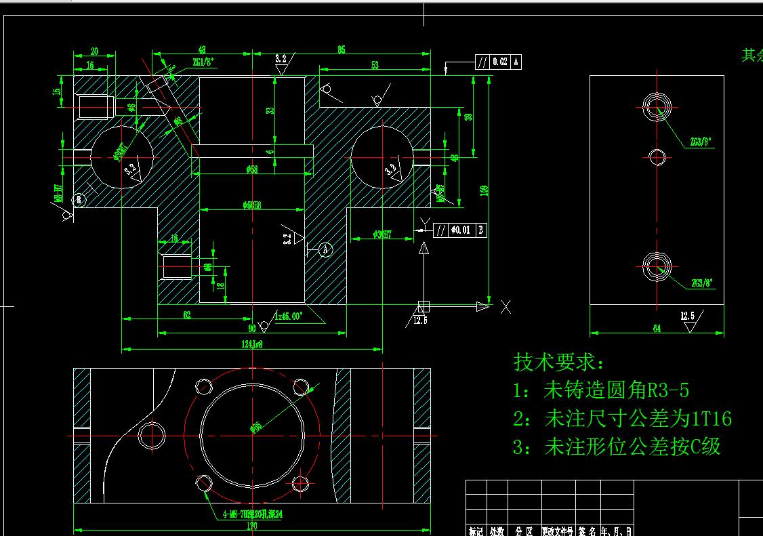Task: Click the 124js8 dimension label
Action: click(x=251, y=344)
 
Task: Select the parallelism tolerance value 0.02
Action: click(x=500, y=62)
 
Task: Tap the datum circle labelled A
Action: click(x=325, y=249)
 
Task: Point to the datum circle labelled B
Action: click(x=79, y=199)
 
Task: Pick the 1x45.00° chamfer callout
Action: click(x=289, y=316)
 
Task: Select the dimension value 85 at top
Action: click(x=341, y=49)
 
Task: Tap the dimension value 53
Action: click(x=375, y=64)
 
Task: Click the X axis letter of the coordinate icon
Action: click(x=506, y=307)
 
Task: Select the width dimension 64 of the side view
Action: click(x=657, y=329)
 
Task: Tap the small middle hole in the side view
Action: click(x=657, y=157)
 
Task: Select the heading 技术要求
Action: click(x=558, y=363)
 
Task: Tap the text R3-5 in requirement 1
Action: click(x=667, y=391)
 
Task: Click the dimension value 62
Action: click(x=187, y=315)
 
